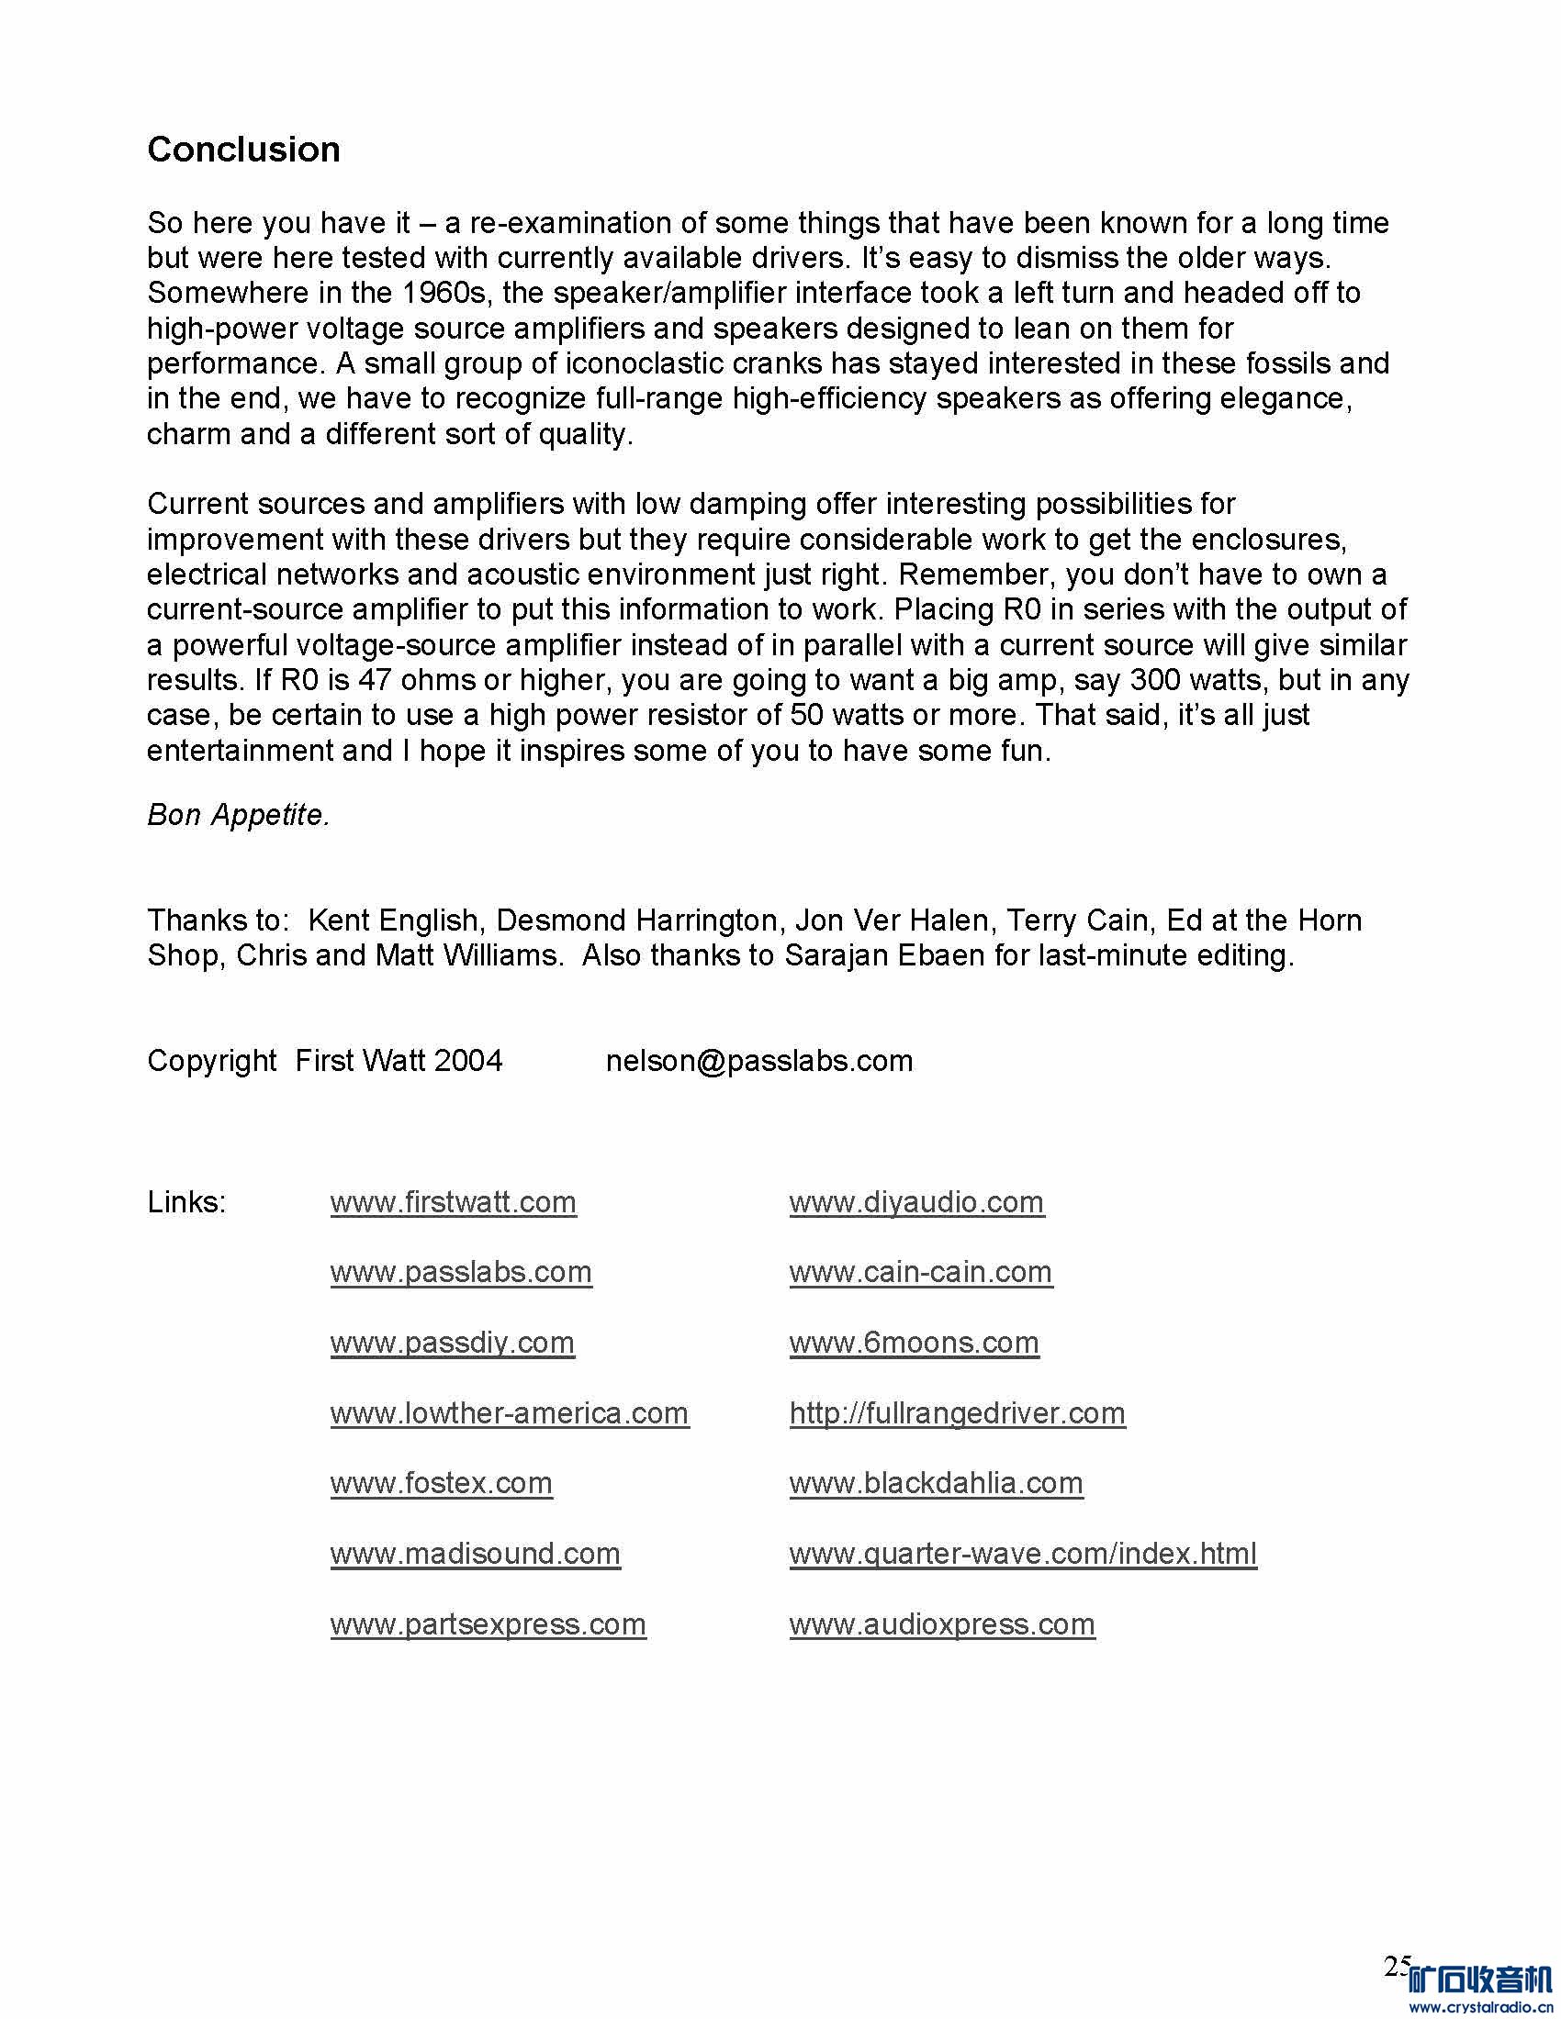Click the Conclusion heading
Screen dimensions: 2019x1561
click(243, 150)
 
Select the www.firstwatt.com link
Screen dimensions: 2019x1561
click(453, 1202)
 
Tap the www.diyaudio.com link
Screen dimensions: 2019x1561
click(916, 1202)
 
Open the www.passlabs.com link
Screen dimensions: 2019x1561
click(461, 1272)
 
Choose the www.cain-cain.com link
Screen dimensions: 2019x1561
click(920, 1272)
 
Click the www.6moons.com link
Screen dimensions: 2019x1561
click(914, 1343)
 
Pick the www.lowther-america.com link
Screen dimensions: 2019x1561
click(510, 1412)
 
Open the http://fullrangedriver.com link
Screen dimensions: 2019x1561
click(957, 1412)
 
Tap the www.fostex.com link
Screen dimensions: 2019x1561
click(441, 1483)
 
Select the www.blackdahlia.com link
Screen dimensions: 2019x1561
click(936, 1483)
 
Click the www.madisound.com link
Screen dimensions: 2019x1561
click(476, 1553)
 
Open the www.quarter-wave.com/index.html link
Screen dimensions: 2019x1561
click(1023, 1553)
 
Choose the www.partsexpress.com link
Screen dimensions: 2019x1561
click(489, 1623)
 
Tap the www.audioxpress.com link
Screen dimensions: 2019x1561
click(942, 1623)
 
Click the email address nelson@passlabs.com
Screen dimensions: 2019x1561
click(759, 1060)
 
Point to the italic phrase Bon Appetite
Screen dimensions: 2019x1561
click(238, 814)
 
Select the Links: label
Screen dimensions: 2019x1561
click(185, 1202)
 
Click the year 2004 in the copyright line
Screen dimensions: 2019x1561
click(468, 1060)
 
